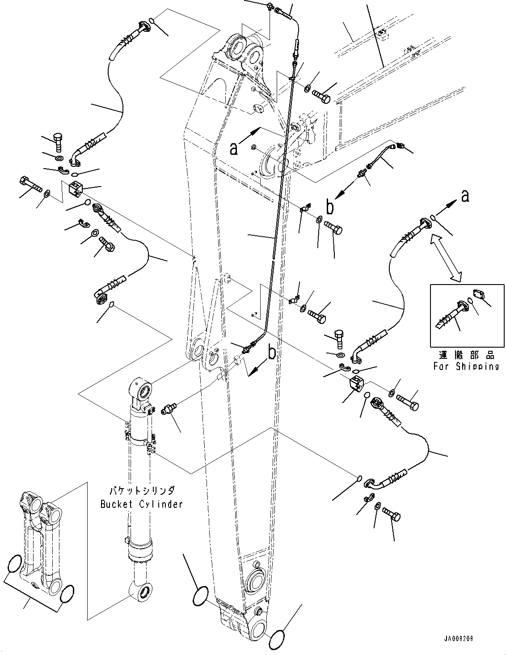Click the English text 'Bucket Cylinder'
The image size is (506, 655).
[x=141, y=504]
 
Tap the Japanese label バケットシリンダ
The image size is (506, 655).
[x=141, y=490]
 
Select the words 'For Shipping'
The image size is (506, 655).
[x=465, y=366]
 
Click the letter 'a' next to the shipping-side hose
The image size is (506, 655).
[x=465, y=196]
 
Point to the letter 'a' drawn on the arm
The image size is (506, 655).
[x=233, y=148]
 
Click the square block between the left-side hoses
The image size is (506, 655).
[x=75, y=190]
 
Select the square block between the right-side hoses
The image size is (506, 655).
[x=357, y=383]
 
